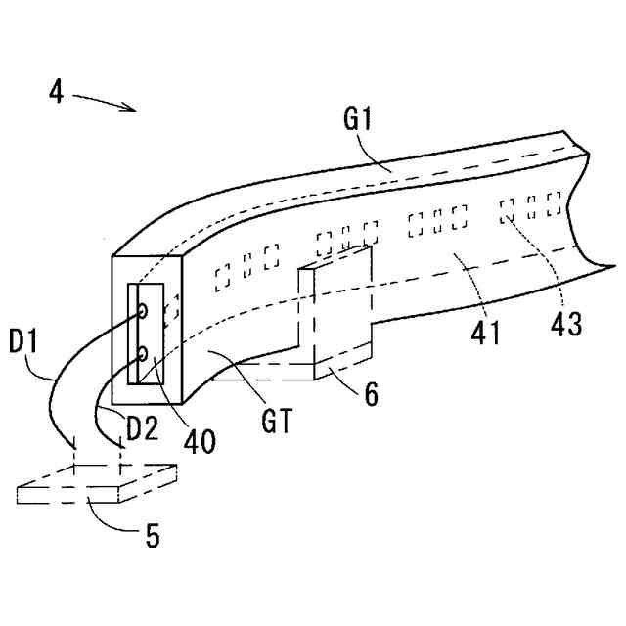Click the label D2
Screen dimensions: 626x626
pos(142,427)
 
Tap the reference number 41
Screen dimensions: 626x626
pos(486,330)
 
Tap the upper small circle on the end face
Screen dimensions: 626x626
pos(143,312)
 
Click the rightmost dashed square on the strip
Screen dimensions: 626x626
pos(554,204)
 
